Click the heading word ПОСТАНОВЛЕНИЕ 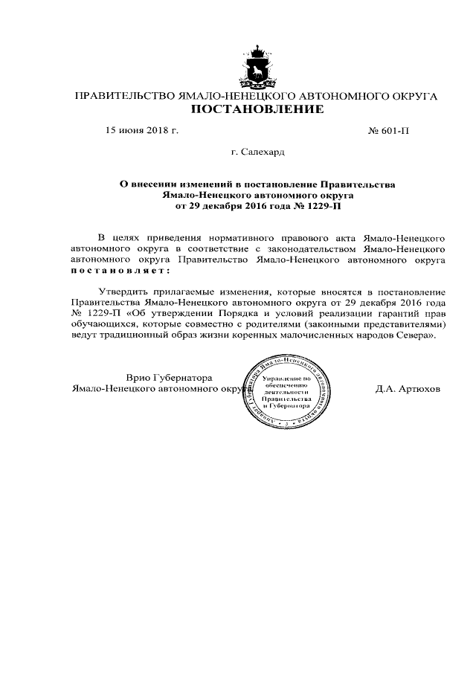(258, 110)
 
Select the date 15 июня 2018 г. (143, 130)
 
